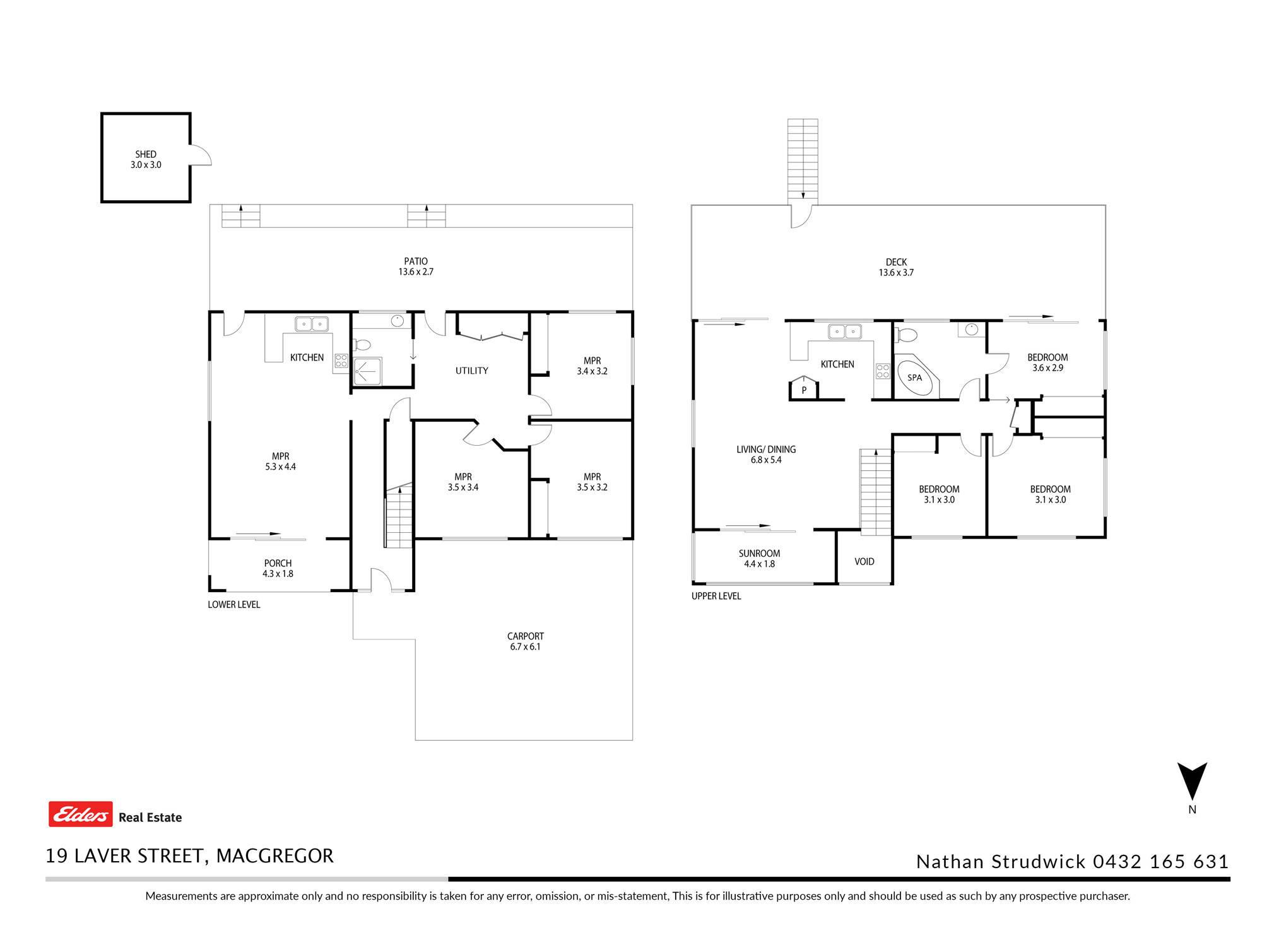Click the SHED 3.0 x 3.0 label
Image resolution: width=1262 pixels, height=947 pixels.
coord(146,159)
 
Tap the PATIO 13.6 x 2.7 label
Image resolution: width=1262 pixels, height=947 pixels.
coord(416,266)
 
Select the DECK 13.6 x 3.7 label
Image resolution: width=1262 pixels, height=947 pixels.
coord(896,267)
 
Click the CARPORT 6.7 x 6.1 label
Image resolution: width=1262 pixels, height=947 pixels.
coord(525,641)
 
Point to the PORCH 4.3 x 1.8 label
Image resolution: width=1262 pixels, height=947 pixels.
coord(278,568)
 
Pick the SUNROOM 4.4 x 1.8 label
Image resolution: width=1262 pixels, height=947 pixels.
coord(759,559)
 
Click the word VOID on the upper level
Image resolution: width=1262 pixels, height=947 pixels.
coord(864,561)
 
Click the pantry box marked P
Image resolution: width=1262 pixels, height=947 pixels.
coord(804,388)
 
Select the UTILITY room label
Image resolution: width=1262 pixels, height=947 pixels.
coord(472,371)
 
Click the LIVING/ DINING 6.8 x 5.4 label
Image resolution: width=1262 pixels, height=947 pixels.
coord(766,455)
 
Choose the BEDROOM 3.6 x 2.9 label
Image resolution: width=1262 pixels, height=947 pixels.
coord(1047,362)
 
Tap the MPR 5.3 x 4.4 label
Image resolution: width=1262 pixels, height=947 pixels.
coord(280,462)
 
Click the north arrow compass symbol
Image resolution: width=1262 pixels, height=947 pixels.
coord(1192,782)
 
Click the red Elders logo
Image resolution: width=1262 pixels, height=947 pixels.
coord(81,814)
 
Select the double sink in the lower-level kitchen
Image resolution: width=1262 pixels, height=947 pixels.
coord(312,324)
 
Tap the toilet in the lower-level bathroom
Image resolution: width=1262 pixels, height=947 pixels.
coord(361,345)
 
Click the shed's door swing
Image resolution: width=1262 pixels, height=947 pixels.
coord(201,155)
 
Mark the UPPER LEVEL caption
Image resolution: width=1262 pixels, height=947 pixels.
coord(716,596)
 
